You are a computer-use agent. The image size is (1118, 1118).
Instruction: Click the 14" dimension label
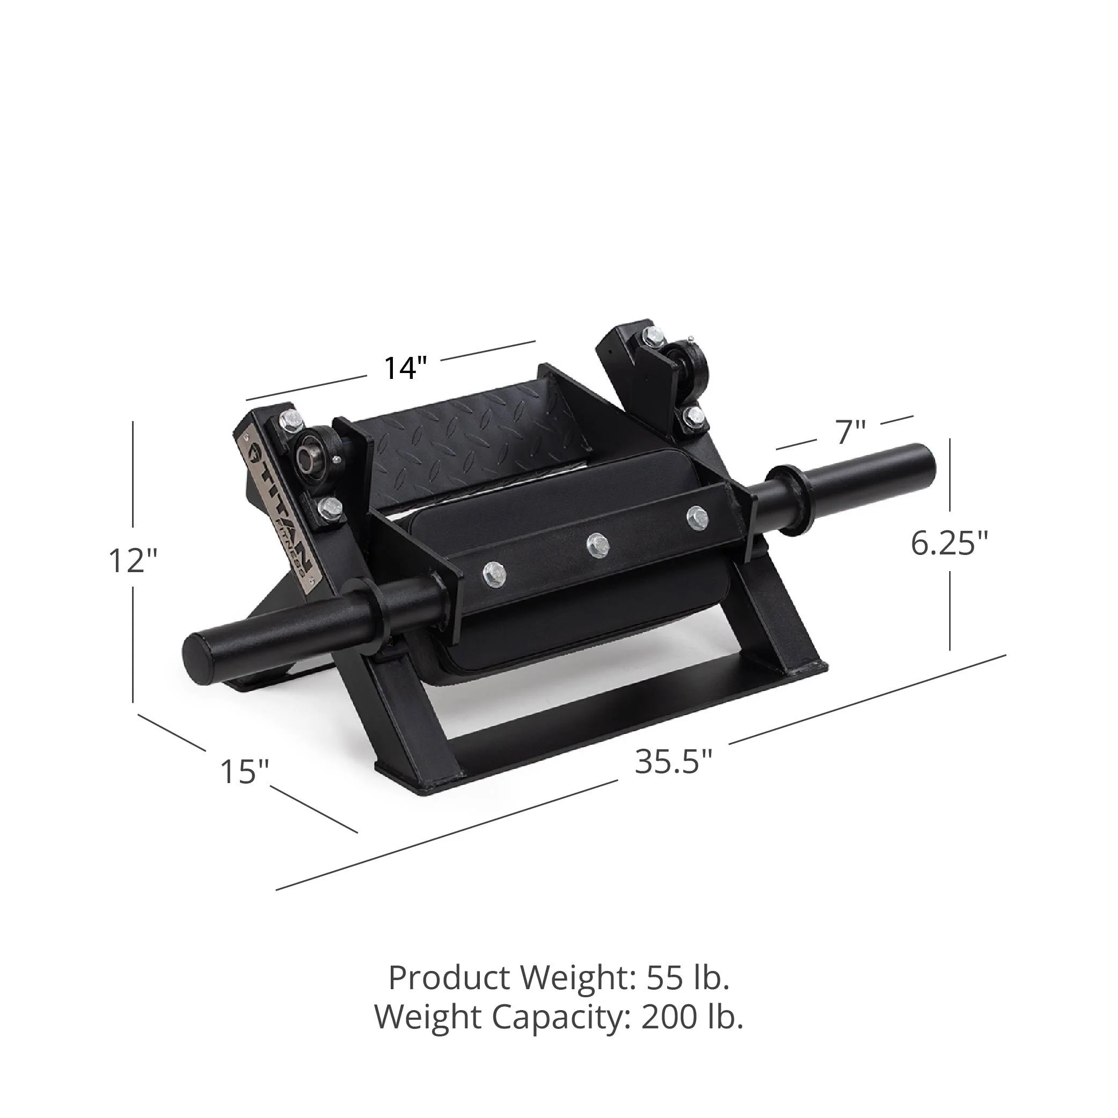405,368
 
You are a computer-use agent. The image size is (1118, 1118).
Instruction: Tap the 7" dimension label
850,432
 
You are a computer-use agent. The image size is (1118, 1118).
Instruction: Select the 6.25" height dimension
949,543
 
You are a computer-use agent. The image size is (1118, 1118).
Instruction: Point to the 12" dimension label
133,560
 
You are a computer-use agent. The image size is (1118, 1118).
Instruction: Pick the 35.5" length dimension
674,762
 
